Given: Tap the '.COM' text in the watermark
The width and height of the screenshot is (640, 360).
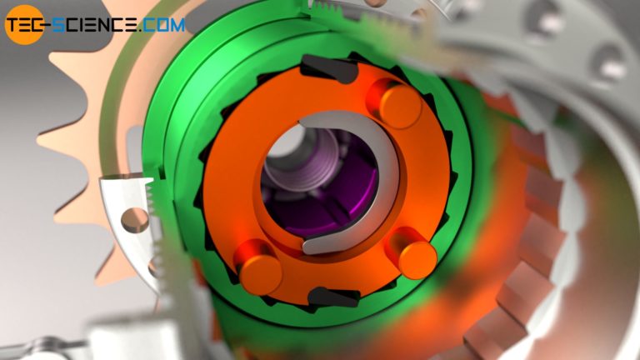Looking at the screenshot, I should (x=162, y=25).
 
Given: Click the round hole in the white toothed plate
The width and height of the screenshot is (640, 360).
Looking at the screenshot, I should (x=132, y=221).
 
